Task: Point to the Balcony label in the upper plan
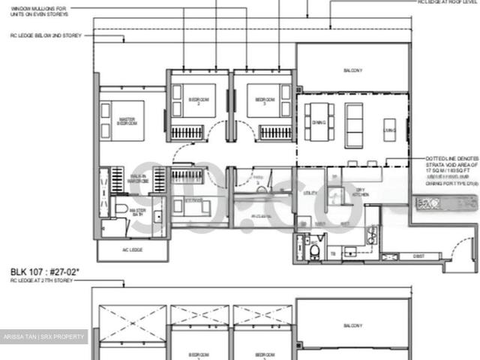(352, 70)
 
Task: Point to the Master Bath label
(137, 211)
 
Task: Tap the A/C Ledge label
(129, 250)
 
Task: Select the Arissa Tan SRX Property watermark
(43, 337)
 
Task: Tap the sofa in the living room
(353, 121)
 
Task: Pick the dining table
(319, 121)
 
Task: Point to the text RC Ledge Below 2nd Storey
(47, 34)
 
